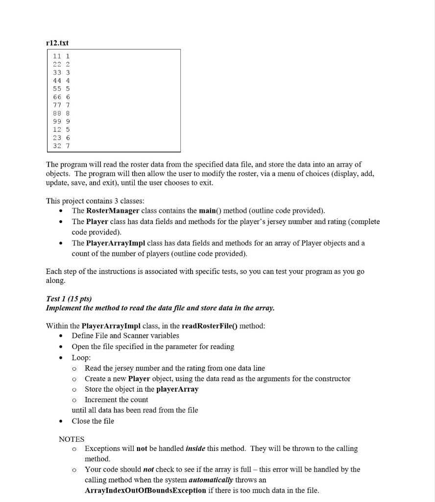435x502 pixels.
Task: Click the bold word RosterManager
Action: pos(112,211)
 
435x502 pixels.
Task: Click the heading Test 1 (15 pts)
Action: pos(69,299)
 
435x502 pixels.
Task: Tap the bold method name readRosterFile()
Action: pos(210,326)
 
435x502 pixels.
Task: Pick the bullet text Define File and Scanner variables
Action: pos(125,336)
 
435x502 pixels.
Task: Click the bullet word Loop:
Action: pos(81,357)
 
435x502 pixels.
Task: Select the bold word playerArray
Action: pos(177,389)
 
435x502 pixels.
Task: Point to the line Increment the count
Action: pos(116,400)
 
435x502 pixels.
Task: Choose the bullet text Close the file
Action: pos(93,421)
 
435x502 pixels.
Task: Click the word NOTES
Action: pos(72,439)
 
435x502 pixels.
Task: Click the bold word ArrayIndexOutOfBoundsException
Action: pos(145,490)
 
